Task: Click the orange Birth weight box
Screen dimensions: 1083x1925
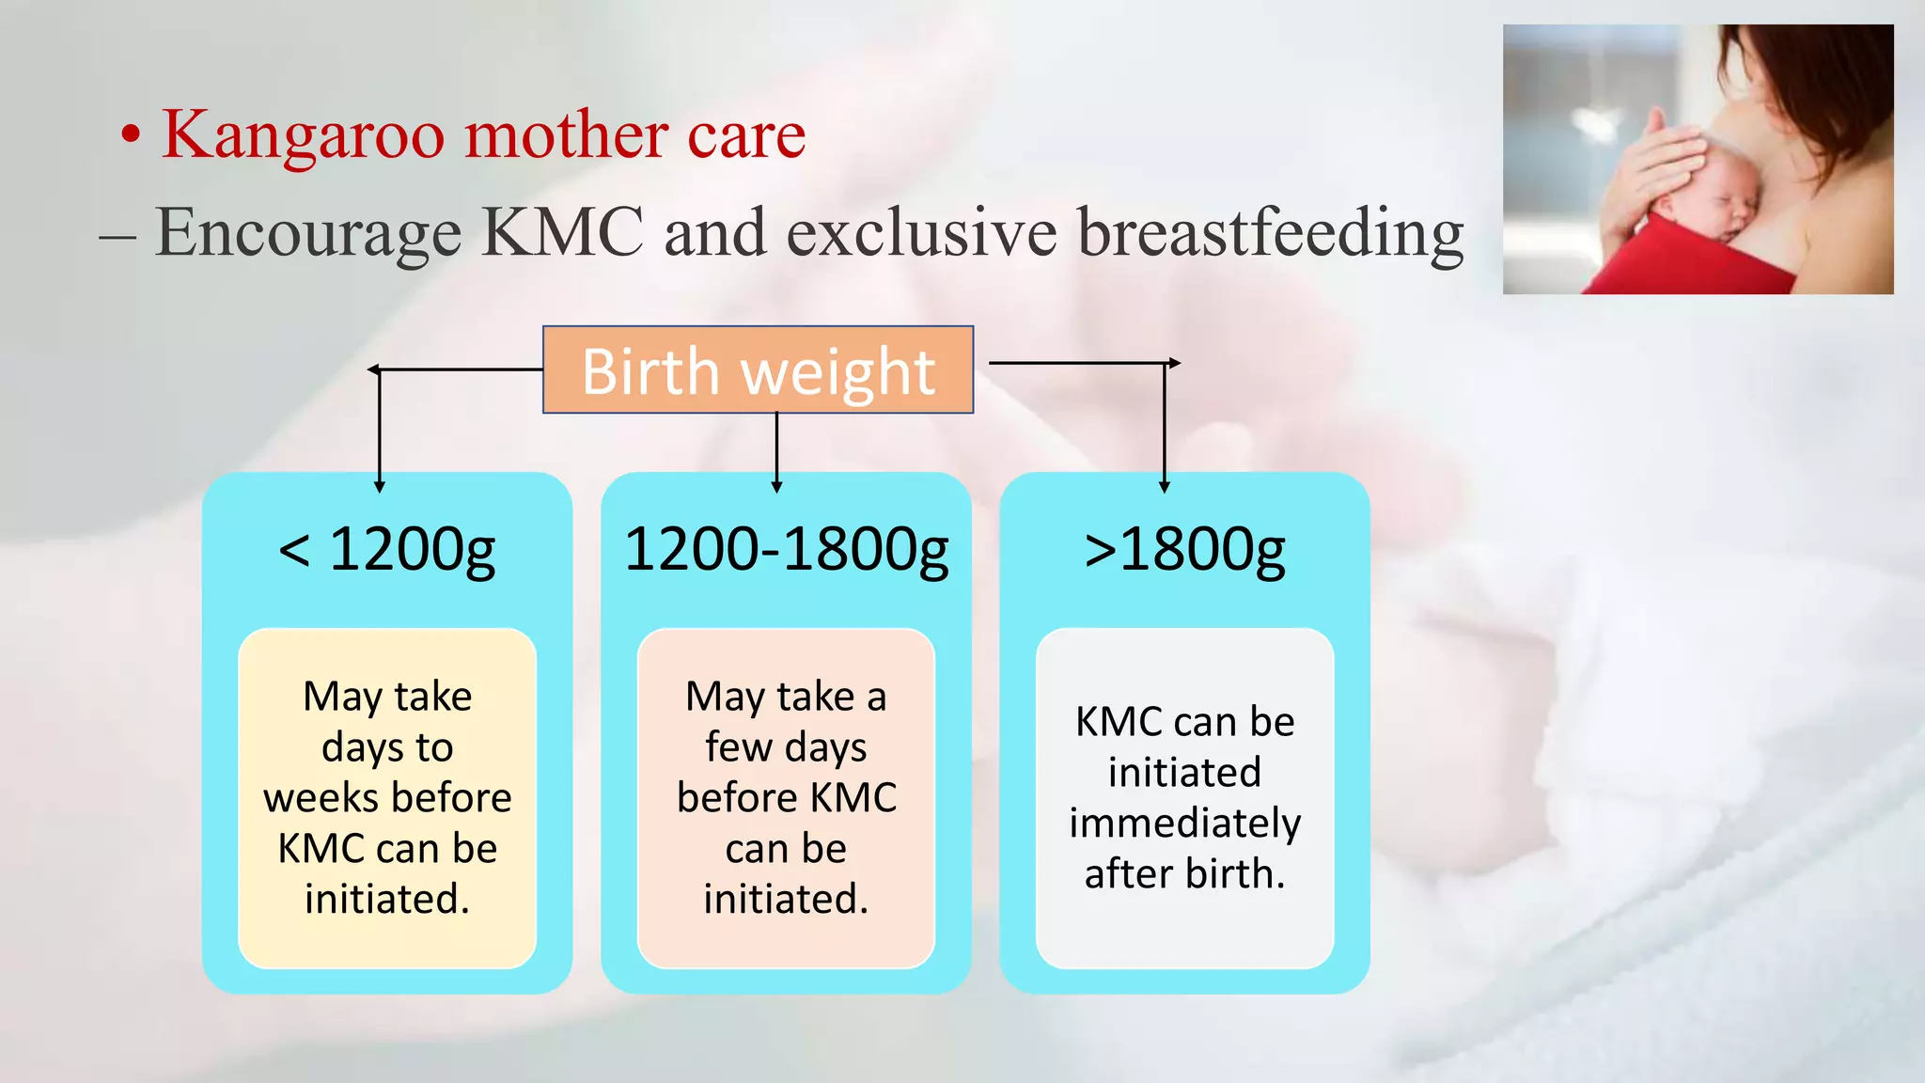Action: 758,370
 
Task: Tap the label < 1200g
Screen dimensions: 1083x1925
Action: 386,549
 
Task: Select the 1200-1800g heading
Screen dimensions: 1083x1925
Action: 786,549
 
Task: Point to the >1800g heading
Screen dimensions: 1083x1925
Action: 1184,549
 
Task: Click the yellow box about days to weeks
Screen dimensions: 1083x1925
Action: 387,797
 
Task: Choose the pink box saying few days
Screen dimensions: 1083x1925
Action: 786,797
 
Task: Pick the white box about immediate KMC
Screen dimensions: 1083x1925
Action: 1184,797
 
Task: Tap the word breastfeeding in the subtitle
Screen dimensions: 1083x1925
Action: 1270,232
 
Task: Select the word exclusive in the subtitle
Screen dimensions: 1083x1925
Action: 921,232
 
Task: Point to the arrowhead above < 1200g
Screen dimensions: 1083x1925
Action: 380,486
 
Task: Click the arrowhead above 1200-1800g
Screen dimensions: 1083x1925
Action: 776,486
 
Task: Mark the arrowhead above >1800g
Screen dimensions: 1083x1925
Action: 1165,486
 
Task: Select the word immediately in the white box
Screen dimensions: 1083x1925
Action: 1184,824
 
